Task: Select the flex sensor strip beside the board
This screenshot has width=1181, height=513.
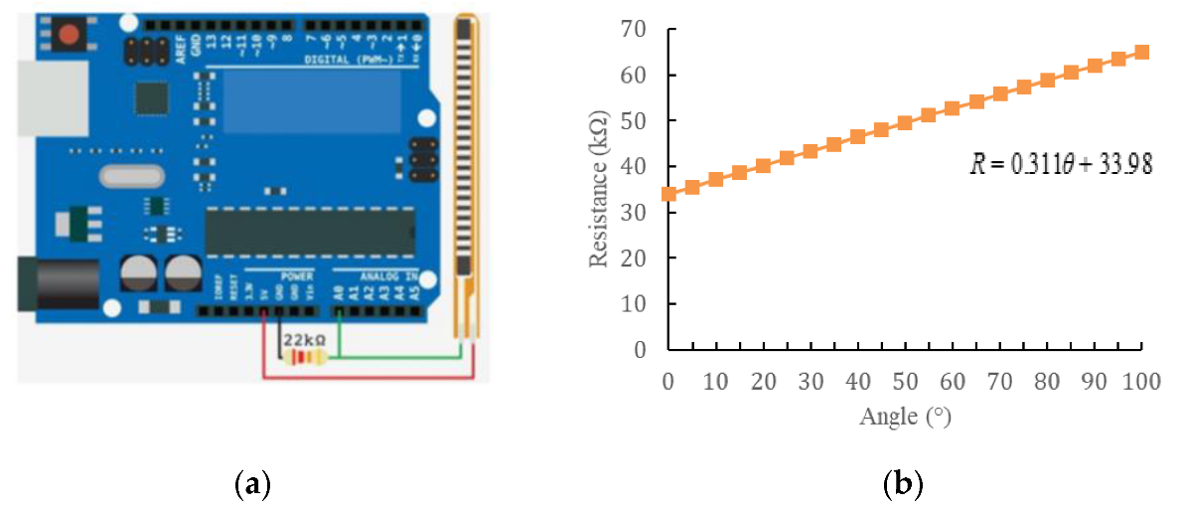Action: coord(464,169)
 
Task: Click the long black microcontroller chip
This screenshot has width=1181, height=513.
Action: coord(309,232)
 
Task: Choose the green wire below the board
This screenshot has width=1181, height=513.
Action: coord(397,355)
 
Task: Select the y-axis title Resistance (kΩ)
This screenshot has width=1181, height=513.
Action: coord(598,189)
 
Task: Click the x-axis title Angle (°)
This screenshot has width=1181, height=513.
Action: coord(905,417)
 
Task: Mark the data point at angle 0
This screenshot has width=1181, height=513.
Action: coord(668,194)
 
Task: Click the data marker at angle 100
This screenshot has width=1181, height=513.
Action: coord(1142,52)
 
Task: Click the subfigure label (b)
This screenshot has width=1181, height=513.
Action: coord(903,484)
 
